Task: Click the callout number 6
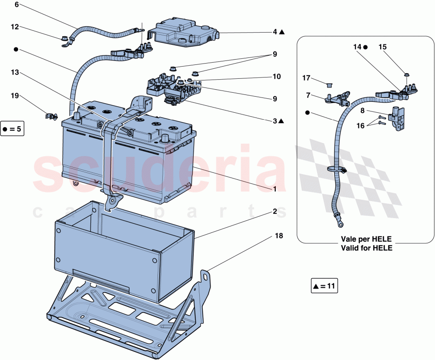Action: point(17,5)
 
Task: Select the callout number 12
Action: point(15,27)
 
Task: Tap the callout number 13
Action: point(15,72)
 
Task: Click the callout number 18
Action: point(278,236)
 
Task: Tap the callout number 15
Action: point(382,47)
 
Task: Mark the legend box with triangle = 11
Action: point(324,286)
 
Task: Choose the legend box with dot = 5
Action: point(11,129)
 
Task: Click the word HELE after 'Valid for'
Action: point(383,248)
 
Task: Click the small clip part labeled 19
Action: point(51,116)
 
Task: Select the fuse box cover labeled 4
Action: point(183,33)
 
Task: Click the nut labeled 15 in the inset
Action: point(406,75)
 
